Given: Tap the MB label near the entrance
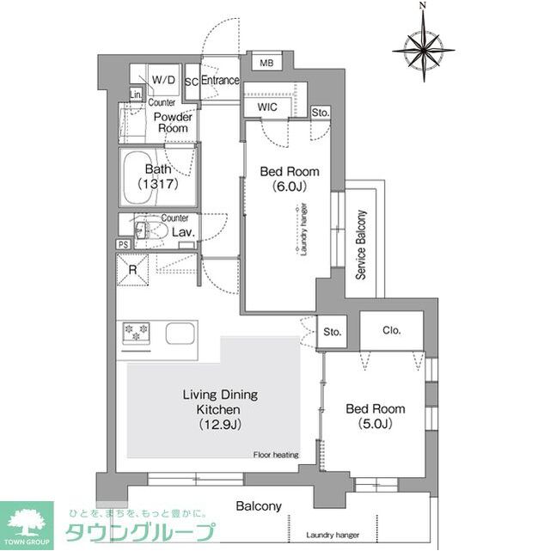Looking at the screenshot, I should pos(266,63).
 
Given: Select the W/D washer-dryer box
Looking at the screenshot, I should pos(163,80).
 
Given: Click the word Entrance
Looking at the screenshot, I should pos(220,81).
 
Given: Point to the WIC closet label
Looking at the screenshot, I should pos(266,107).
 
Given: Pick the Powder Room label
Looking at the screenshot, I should pos(172,122).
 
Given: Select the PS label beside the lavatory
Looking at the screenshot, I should pos(125,245).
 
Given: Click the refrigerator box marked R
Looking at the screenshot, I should pos(133,270).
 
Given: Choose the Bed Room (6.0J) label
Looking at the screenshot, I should pos(284,178).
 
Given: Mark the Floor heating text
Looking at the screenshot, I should pos(275,454).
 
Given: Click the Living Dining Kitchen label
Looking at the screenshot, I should pos(220,408).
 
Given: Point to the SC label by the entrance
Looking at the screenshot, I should pos(191,82).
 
